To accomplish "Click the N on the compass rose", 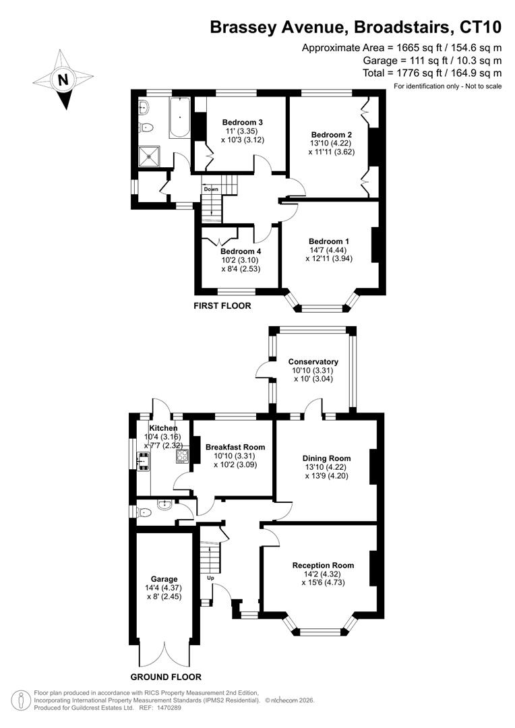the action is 63,80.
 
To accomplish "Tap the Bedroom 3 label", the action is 243,123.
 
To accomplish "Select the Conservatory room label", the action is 313,362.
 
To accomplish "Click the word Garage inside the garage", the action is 164,579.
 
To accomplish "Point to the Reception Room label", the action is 323,565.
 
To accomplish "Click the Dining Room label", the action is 326,458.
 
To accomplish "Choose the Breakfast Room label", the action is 235,447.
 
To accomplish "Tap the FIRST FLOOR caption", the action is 222,305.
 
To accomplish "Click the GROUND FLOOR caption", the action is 166,677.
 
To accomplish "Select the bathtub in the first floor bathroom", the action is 179,118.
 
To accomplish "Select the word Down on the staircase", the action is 211,189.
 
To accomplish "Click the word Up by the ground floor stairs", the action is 210,578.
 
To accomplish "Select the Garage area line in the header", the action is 432,61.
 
